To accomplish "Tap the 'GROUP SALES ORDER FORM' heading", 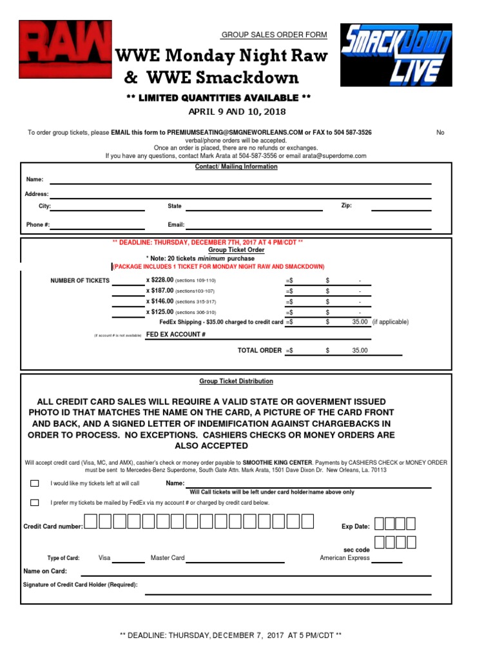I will pyautogui.click(x=274, y=35).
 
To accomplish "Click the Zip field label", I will pyautogui.click(x=346, y=206).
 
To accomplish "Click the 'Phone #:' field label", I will pyautogui.click(x=37, y=225).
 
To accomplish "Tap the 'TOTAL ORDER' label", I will pyautogui.click(x=260, y=351).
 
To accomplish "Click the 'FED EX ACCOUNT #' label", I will pyautogui.click(x=175, y=335).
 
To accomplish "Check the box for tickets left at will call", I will pyautogui.click(x=34, y=483).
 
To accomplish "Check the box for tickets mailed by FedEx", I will pyautogui.click(x=34, y=503).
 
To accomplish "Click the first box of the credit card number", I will pyautogui.click(x=91, y=522).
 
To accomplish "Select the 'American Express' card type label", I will pyautogui.click(x=345, y=558).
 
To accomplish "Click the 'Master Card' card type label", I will pyautogui.click(x=168, y=558).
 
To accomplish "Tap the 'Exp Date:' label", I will pyautogui.click(x=355, y=527).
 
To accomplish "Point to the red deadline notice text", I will pyautogui.click(x=208, y=242).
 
